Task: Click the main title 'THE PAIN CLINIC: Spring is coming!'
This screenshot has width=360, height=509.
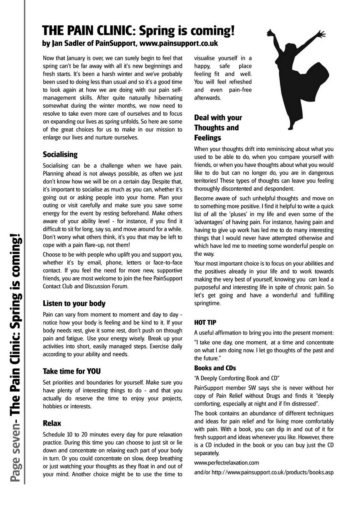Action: (x=138, y=31)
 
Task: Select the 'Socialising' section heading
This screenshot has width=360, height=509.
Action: (x=60, y=154)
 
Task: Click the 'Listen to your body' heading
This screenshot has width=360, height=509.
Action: (x=74, y=303)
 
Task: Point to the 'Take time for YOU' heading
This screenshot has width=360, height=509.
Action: (x=72, y=371)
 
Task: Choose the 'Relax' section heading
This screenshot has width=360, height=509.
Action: (x=52, y=423)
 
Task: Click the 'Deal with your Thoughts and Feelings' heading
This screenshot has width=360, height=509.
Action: (x=218, y=128)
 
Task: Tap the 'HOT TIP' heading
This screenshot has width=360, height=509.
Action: (x=205, y=322)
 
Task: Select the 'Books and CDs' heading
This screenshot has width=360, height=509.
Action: (x=215, y=368)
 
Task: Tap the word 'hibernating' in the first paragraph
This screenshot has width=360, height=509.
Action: (x=163, y=97)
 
